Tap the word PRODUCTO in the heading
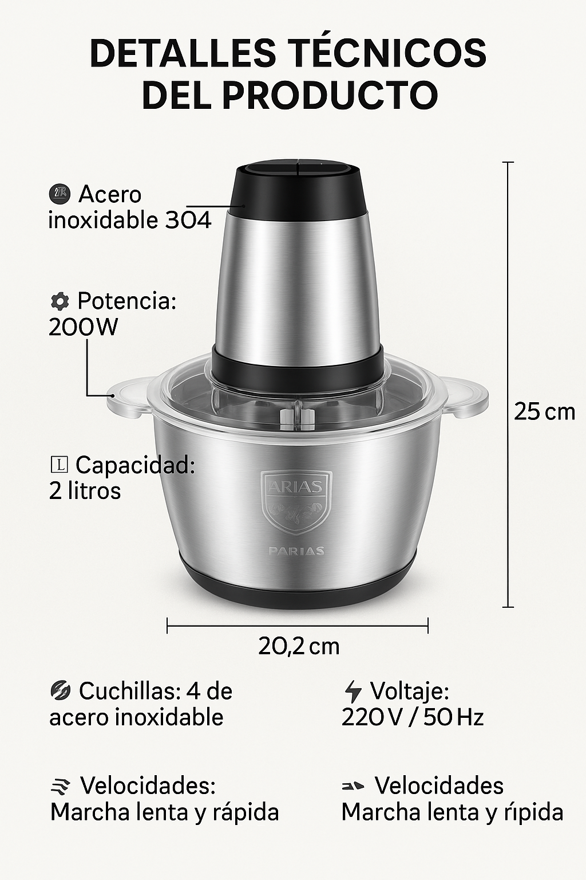(330, 95)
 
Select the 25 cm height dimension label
(544, 411)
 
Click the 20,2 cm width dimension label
(299, 646)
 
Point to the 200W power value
(84, 327)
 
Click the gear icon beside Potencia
(60, 301)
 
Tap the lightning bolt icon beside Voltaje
(353, 692)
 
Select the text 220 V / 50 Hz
(412, 717)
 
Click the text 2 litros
(85, 491)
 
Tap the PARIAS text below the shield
(296, 551)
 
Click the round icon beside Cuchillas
(60, 691)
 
